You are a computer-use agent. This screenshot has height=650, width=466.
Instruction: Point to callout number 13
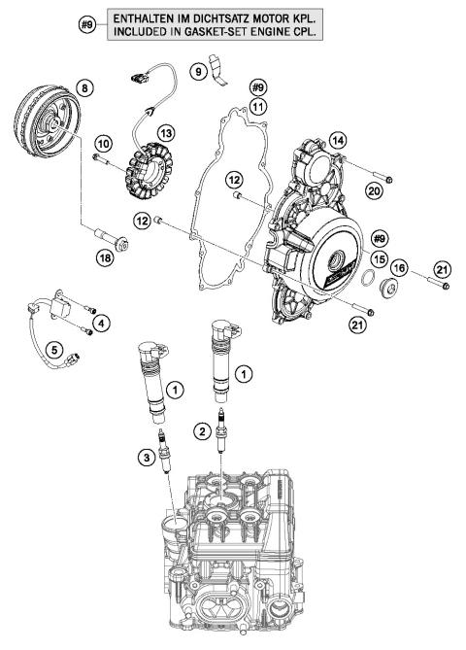click(167, 132)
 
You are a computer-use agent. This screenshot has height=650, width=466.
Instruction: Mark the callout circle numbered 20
click(374, 192)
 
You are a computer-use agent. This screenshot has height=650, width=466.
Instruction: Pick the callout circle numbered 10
click(103, 144)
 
